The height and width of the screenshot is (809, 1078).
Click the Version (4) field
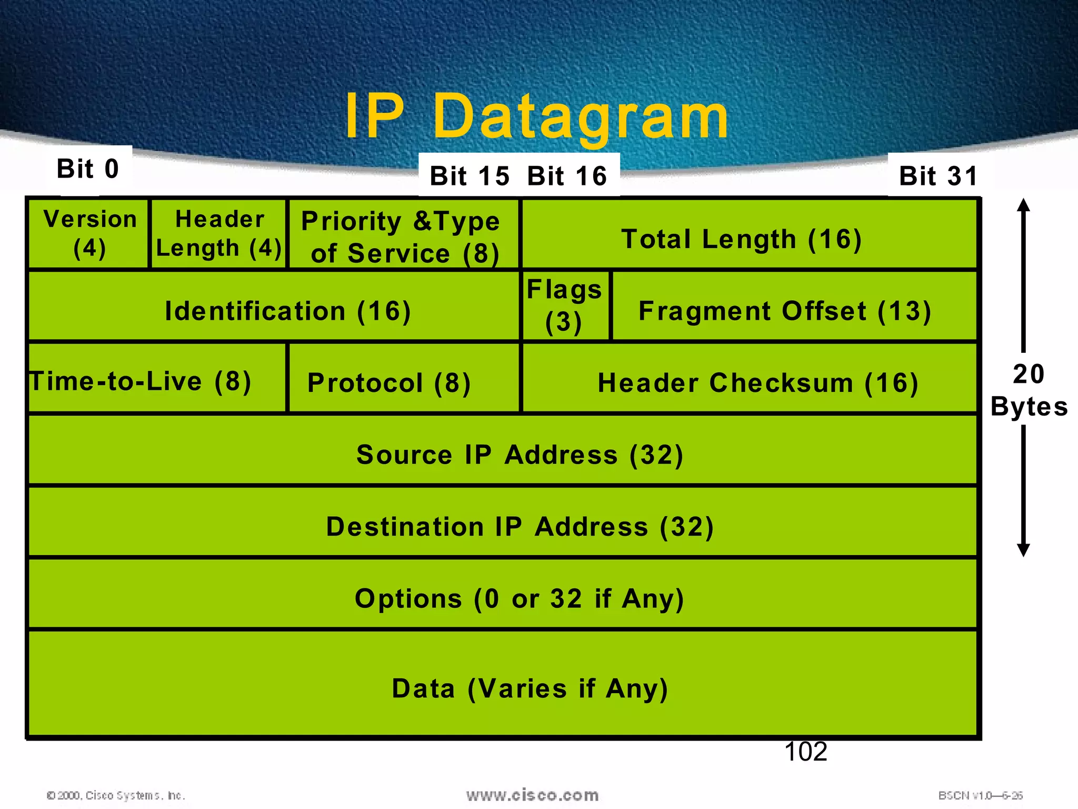click(x=89, y=234)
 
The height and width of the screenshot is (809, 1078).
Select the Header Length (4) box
click(x=219, y=234)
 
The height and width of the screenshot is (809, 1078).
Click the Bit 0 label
click(x=88, y=170)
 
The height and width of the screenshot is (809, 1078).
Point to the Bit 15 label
click(x=470, y=176)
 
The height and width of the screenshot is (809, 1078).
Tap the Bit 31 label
click(x=938, y=176)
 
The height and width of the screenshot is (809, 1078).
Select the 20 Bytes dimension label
click(x=1029, y=390)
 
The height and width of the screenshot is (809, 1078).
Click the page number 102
click(x=805, y=752)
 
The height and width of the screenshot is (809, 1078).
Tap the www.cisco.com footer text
click(x=532, y=795)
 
